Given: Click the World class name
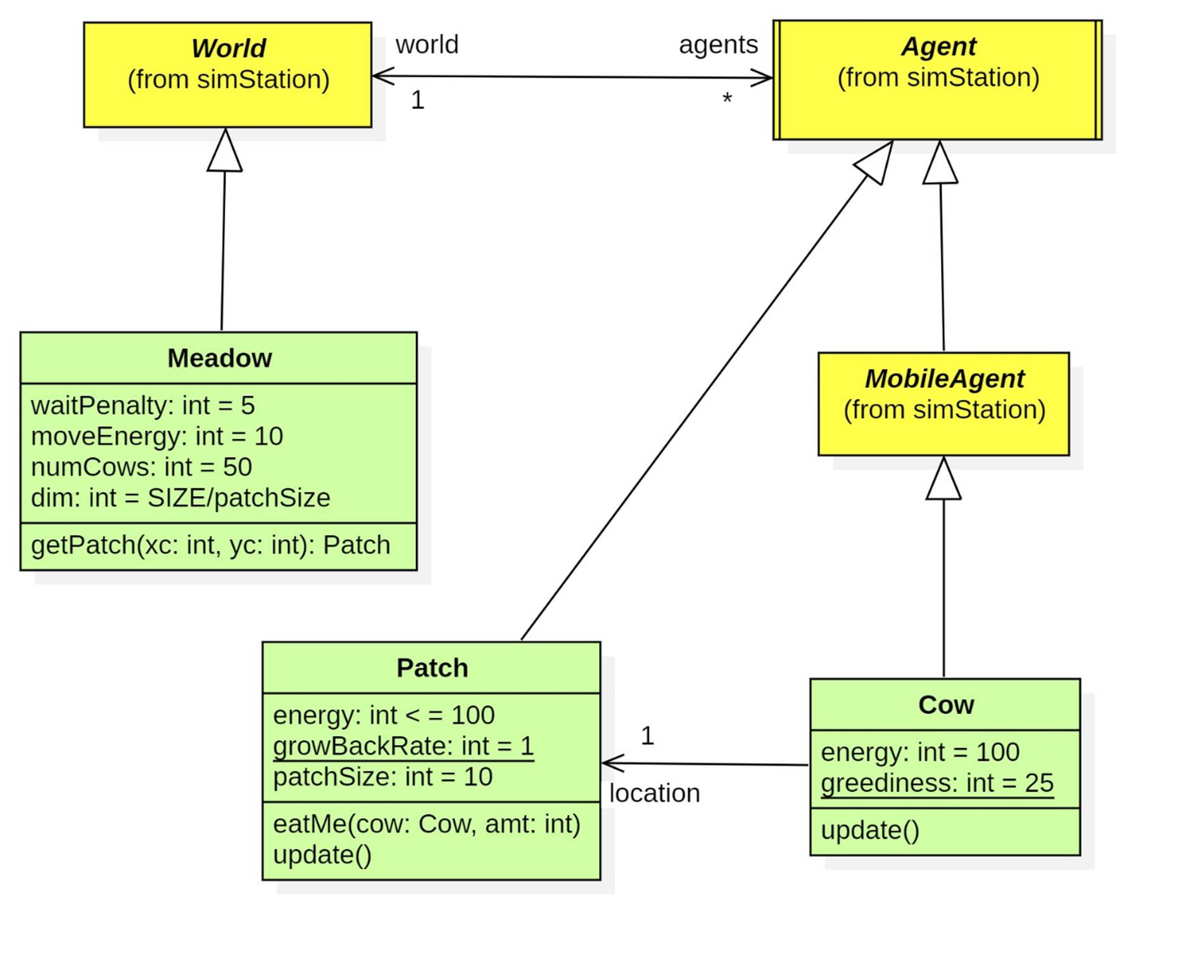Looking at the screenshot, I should [229, 49].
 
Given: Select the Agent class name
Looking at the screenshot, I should [938, 47].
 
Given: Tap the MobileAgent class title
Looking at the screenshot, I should [944, 379].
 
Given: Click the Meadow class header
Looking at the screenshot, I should [219, 358].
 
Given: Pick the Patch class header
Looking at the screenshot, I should [432, 668].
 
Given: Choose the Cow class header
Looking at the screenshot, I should [945, 705].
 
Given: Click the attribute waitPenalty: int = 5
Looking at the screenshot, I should [142, 406].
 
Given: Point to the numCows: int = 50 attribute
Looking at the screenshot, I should [141, 467].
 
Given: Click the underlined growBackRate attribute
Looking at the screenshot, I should [403, 746].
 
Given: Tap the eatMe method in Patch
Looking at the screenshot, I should [426, 825].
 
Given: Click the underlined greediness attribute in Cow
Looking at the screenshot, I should [937, 784].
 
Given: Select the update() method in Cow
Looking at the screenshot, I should [869, 830].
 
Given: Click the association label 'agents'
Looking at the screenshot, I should [718, 45].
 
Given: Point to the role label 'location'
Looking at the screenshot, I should [654, 794].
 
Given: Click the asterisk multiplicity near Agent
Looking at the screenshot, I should [727, 99].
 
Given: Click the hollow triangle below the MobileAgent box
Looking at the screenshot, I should [943, 481].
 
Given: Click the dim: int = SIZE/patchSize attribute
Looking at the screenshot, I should [180, 498].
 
